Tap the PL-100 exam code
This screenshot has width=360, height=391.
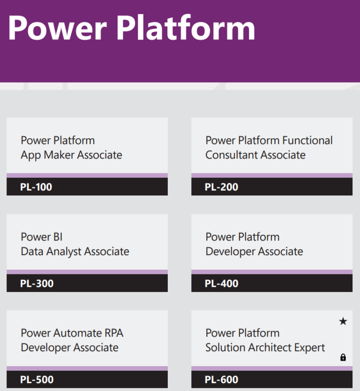36,187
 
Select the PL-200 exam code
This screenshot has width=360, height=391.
221,187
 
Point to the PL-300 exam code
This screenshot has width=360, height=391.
37,284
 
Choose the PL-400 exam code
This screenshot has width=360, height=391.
221,284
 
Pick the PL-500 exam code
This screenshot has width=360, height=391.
37,380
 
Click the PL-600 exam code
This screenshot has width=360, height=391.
221,380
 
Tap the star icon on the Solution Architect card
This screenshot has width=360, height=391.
343,322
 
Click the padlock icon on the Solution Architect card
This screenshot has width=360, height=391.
343,358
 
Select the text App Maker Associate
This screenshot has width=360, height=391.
71,155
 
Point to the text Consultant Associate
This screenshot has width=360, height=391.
255,155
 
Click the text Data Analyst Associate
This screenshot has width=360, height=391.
75,252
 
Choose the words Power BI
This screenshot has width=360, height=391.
42,237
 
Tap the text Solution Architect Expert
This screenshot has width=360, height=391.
265,348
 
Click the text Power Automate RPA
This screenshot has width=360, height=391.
72,333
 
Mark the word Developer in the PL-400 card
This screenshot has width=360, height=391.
230,252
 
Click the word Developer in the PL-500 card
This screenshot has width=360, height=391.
45,348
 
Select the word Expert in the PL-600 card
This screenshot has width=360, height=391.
309,348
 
